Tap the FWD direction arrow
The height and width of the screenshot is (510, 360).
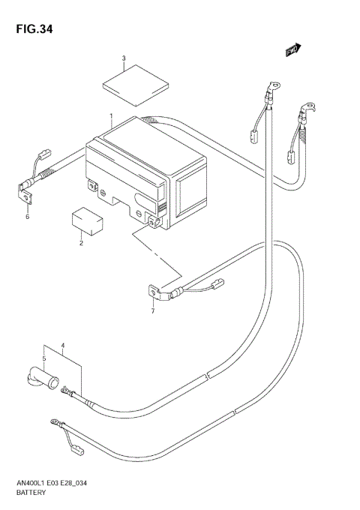tap(292, 49)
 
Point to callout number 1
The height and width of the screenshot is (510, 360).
tap(111, 117)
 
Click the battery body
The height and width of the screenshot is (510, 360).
tap(142, 176)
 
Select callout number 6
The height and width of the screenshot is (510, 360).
tap(27, 217)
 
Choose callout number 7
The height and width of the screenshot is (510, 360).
tap(152, 310)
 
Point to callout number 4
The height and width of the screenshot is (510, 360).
tap(64, 346)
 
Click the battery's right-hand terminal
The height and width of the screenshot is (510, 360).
tap(154, 220)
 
